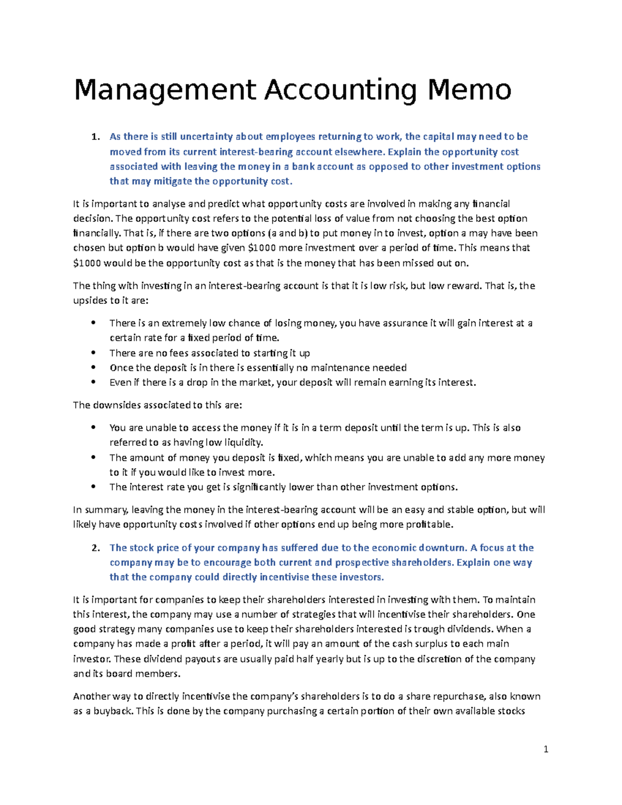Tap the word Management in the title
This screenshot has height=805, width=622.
pos(165,91)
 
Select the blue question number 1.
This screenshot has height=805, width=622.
pos(94,137)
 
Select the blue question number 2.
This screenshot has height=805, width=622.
pos(94,548)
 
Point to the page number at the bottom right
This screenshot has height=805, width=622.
pos(546,749)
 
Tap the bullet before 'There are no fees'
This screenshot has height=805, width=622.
pos(93,352)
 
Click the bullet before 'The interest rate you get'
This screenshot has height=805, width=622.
pos(93,487)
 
